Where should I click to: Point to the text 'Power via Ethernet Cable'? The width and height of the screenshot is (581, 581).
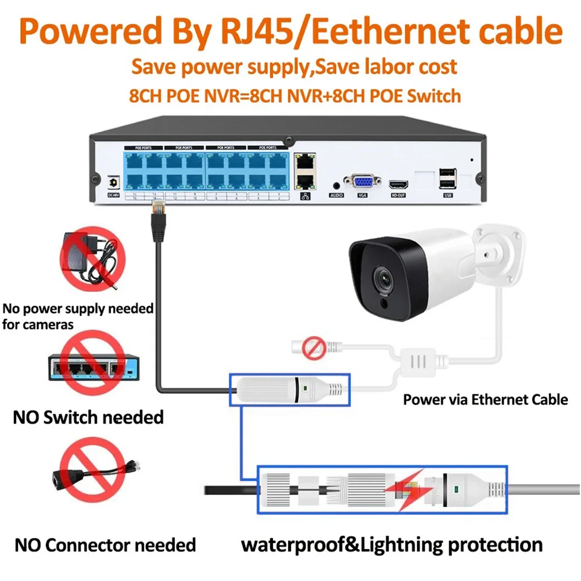485,400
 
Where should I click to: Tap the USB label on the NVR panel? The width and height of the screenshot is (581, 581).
447,195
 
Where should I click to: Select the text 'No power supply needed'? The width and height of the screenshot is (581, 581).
78,308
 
